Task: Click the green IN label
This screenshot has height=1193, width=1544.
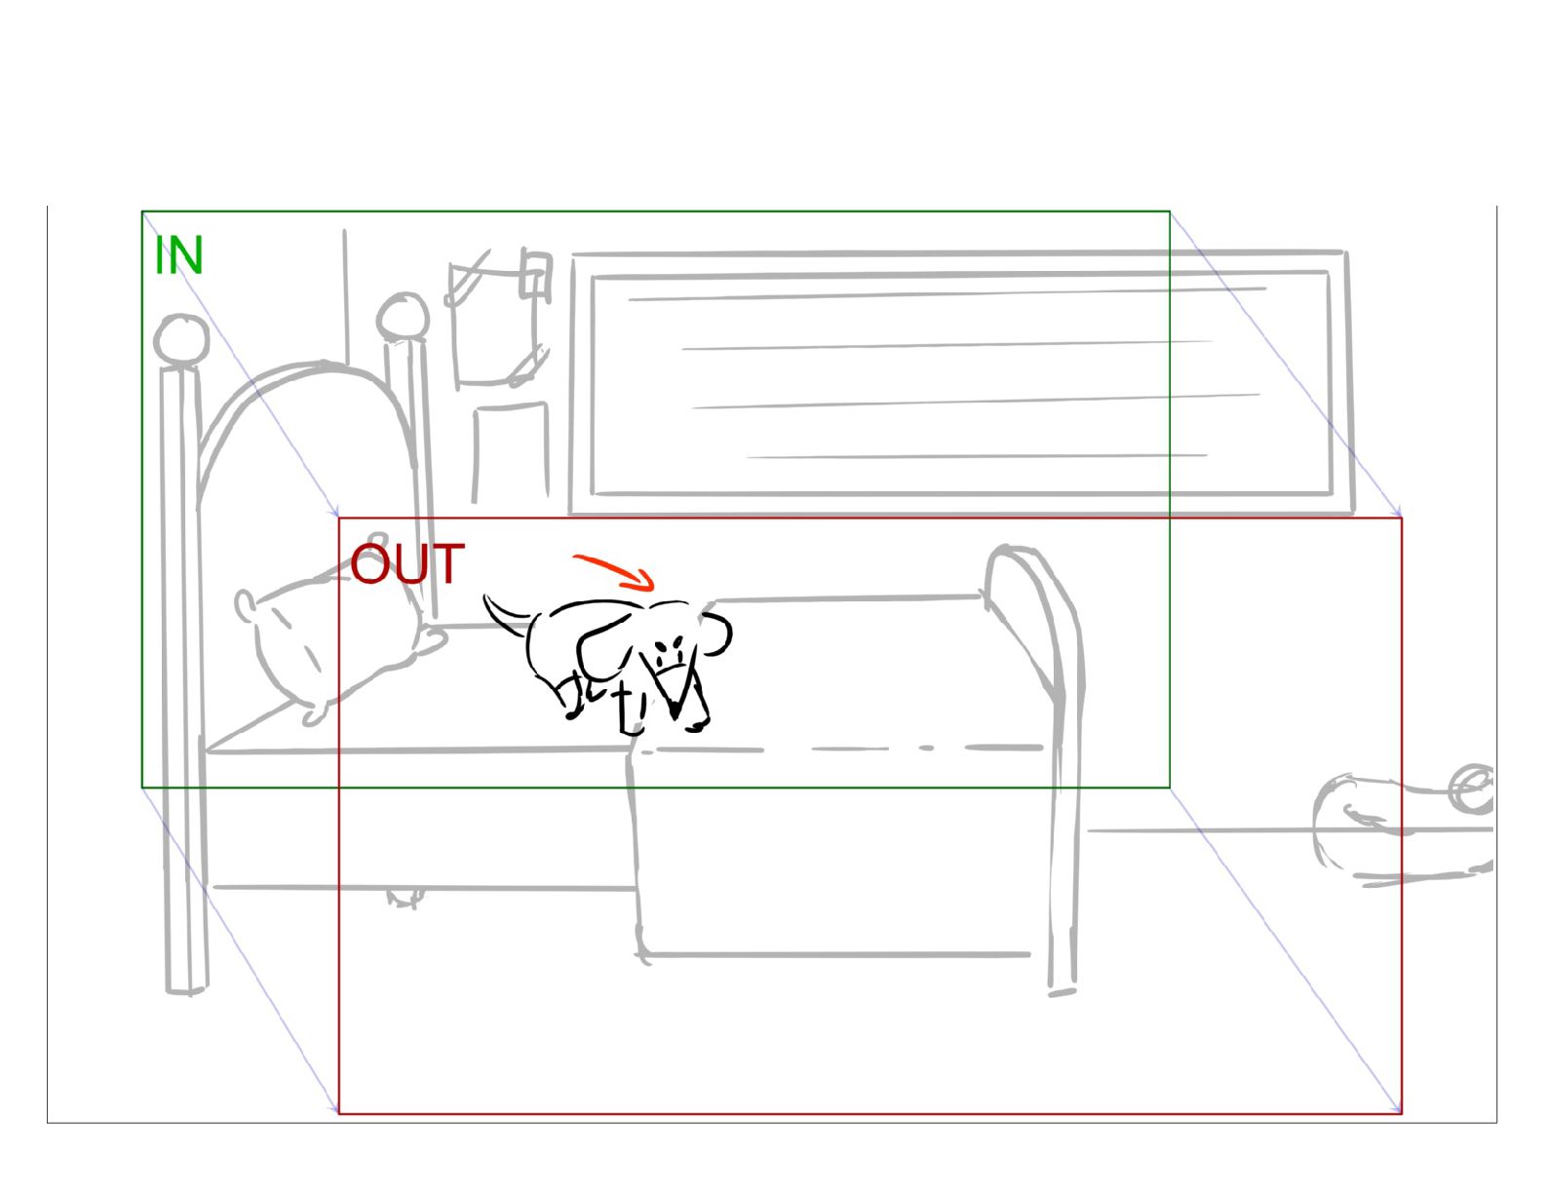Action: coord(178,255)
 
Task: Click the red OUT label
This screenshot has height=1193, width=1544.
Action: coord(406,564)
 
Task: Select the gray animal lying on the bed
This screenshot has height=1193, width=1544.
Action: coord(322,643)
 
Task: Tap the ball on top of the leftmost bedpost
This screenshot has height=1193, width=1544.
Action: coord(181,339)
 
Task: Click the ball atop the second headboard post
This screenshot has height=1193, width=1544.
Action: coord(404,318)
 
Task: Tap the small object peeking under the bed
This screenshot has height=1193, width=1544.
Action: coord(404,897)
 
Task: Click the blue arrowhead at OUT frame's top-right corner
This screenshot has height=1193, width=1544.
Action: coord(1398,513)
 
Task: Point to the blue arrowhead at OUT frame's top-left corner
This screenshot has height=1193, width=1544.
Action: coord(335,513)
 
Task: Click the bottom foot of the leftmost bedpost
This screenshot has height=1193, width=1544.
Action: coord(186,988)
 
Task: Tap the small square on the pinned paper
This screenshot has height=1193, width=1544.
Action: coord(534,273)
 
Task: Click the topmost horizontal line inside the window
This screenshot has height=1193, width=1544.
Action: coord(946,293)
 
